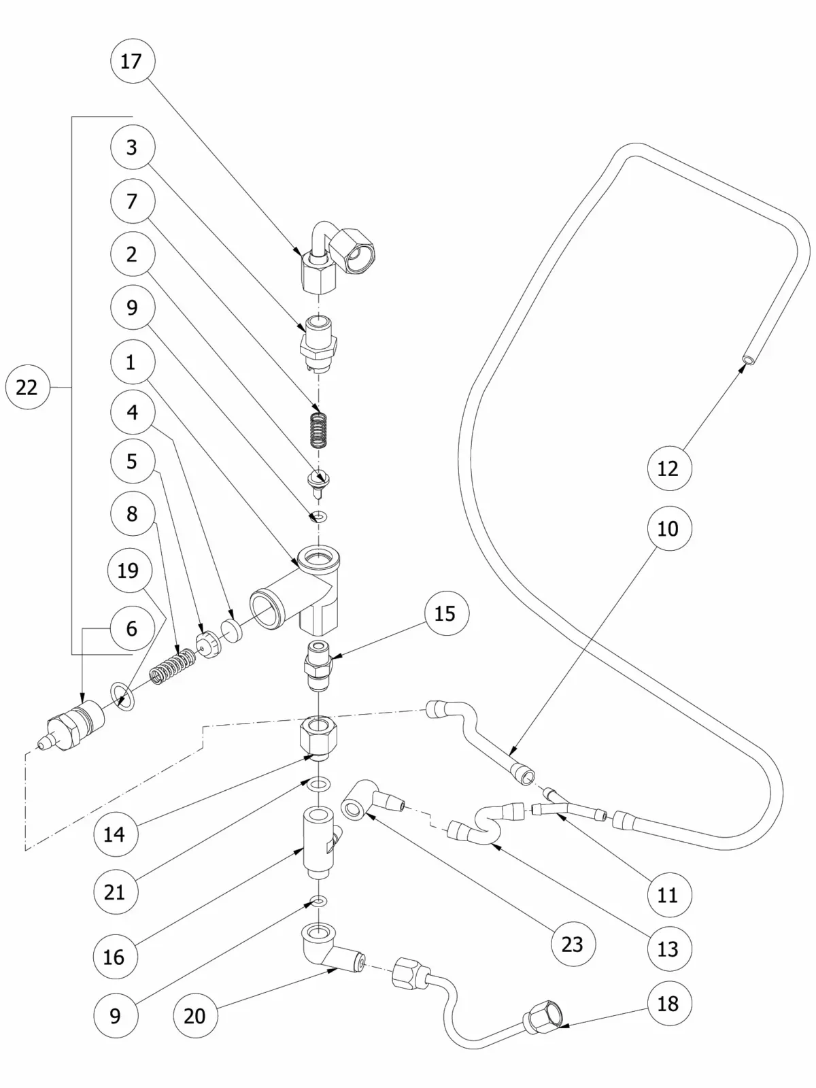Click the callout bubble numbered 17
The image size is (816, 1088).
131,61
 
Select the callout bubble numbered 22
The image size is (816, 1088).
27,388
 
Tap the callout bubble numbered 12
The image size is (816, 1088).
668,468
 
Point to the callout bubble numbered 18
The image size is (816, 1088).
668,1003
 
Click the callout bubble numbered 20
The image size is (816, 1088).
194,1016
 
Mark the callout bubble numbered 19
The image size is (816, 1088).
129,570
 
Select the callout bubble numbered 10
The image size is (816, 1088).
668,528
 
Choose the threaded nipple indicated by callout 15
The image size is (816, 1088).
318,664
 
